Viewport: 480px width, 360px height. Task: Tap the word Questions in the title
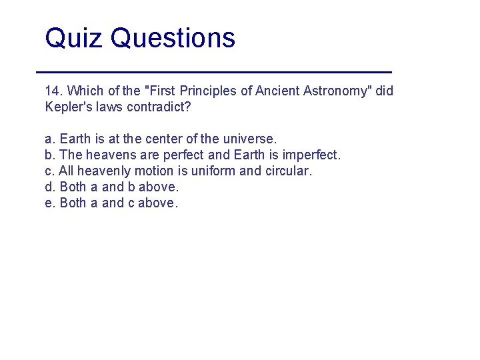[x=173, y=38]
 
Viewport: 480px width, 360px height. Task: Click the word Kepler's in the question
[x=68, y=107]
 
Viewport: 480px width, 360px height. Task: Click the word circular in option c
[x=287, y=171]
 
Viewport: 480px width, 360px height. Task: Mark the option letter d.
[x=49, y=187]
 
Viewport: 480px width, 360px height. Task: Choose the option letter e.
[x=49, y=203]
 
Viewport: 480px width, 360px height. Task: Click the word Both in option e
[x=73, y=203]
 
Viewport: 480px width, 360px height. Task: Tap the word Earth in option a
[x=75, y=139]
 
